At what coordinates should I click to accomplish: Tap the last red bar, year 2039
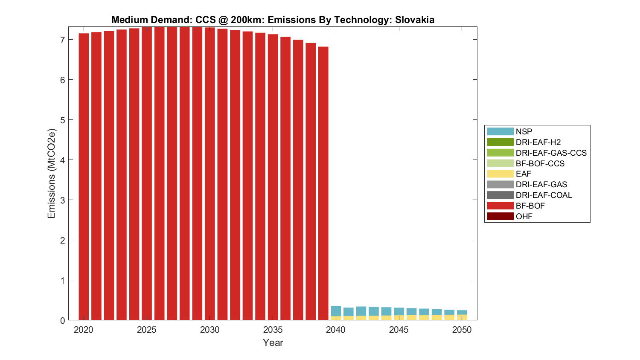(323, 183)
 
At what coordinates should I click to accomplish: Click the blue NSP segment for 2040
(336, 311)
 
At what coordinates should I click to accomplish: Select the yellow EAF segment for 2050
(462, 317)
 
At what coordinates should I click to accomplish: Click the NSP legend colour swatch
(500, 131)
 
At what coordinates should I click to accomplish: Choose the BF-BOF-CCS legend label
(540, 163)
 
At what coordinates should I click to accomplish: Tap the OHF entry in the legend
(524, 216)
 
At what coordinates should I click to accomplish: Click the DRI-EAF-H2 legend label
(538, 142)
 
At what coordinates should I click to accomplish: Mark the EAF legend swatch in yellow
(500, 174)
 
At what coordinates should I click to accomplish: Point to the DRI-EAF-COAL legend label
(544, 195)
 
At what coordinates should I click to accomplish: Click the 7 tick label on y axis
(62, 40)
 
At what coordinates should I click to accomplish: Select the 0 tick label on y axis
(62, 320)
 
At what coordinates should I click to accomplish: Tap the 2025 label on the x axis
(146, 330)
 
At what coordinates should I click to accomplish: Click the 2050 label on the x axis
(462, 330)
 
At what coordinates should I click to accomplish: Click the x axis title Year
(273, 343)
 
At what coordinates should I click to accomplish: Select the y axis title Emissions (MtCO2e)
(52, 174)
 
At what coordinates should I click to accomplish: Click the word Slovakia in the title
(414, 20)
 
